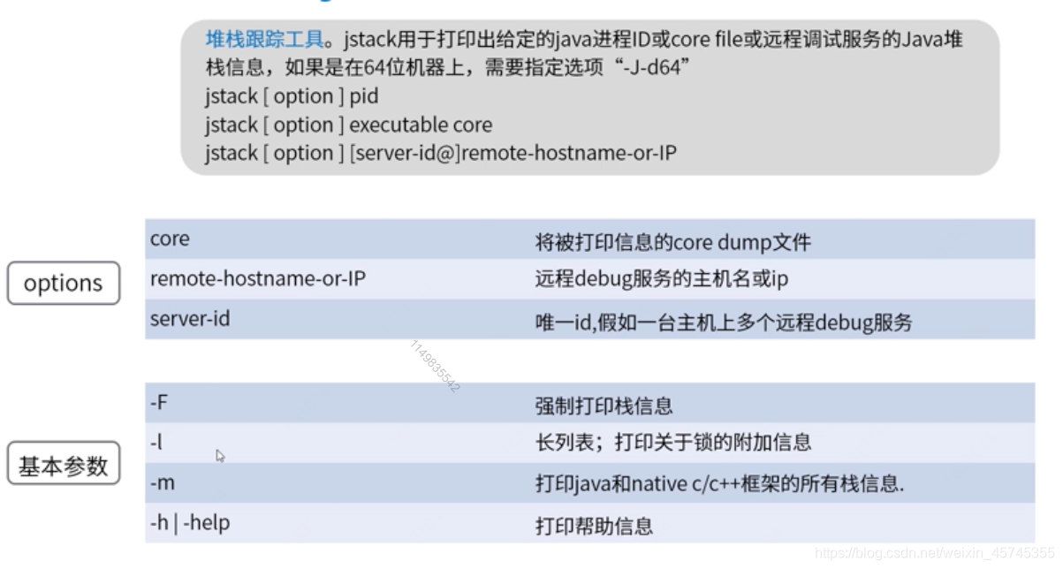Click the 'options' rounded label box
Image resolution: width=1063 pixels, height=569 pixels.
[63, 284]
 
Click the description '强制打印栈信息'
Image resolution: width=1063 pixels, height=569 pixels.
[604, 406]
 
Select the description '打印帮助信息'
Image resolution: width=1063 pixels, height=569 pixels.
[594, 527]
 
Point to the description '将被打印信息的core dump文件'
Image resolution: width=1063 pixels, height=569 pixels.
[672, 242]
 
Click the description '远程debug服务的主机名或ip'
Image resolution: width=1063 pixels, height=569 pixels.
[661, 280]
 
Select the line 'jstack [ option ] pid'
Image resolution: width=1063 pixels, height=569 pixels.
[292, 96]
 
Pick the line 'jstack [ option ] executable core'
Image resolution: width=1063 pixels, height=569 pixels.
[348, 125]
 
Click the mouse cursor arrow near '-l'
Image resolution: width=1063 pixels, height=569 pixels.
[219, 455]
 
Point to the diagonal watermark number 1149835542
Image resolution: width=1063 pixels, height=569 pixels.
[435, 366]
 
